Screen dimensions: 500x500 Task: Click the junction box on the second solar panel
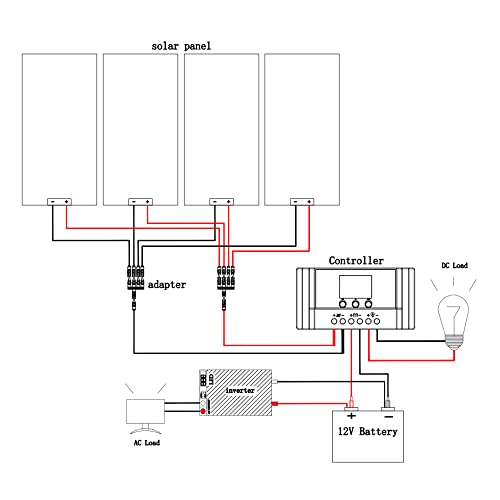(x=140, y=202)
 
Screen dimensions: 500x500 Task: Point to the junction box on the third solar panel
(x=220, y=202)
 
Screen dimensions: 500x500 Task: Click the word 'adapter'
(x=168, y=284)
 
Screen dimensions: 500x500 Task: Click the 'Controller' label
(x=356, y=260)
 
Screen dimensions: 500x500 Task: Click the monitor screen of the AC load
(x=146, y=411)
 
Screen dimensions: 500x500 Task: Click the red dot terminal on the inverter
(x=204, y=410)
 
